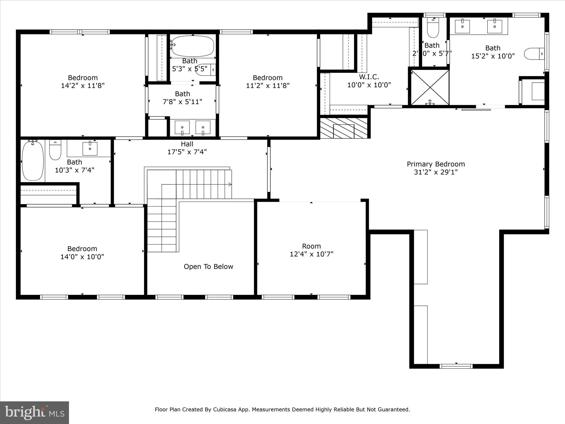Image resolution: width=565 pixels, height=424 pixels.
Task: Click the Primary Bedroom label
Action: click(436, 164)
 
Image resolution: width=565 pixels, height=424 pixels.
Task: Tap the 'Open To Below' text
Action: click(208, 267)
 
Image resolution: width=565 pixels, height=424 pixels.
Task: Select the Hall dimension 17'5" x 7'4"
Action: click(187, 152)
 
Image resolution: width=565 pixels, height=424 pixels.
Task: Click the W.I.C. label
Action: click(369, 77)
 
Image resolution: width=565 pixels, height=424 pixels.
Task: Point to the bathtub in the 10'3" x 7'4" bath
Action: click(33, 161)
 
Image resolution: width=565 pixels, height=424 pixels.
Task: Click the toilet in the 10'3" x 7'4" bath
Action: click(55, 150)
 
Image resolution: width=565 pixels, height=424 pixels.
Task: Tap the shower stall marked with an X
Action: click(430, 88)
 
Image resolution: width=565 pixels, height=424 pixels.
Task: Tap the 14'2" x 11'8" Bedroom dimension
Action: click(83, 86)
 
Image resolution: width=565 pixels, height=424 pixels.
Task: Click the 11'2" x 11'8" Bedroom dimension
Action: click(268, 86)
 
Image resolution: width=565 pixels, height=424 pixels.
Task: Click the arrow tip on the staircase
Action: click(230, 184)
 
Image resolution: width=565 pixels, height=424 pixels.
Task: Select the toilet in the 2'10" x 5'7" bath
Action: click(433, 29)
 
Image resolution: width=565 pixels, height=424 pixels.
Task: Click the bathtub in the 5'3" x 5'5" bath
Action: click(193, 46)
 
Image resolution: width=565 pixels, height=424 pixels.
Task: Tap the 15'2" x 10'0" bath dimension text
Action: click(493, 56)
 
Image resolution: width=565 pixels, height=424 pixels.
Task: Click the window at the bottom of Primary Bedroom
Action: click(456, 366)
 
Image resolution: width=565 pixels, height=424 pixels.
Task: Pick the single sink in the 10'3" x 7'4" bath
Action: click(90, 149)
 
